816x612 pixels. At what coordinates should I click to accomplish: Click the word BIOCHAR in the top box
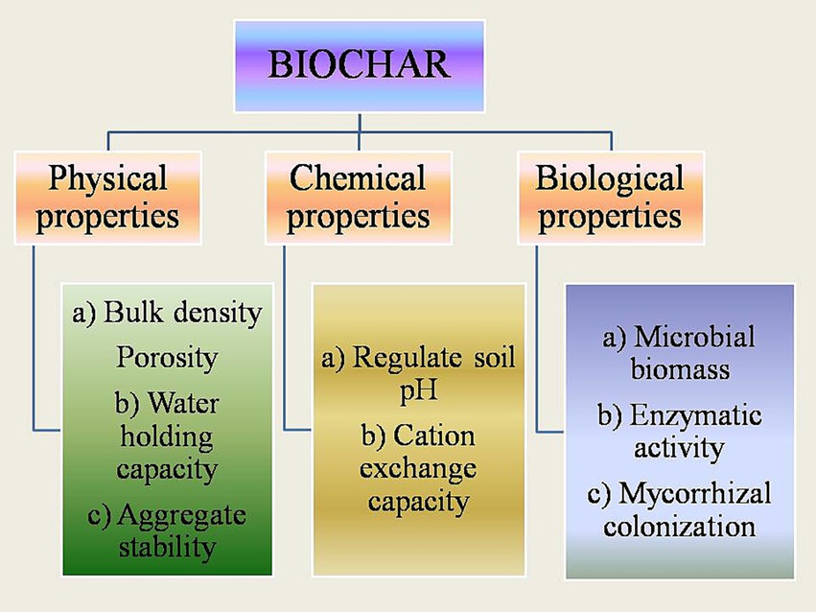pyautogui.click(x=359, y=64)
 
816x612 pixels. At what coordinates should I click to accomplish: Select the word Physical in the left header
pyautogui.click(x=107, y=178)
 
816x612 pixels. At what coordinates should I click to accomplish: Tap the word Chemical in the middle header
pyautogui.click(x=358, y=177)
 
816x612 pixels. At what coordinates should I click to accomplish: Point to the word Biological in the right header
pyautogui.click(x=610, y=178)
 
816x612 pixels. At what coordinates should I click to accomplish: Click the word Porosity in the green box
pyautogui.click(x=167, y=359)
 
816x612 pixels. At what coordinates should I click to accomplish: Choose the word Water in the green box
pyautogui.click(x=183, y=403)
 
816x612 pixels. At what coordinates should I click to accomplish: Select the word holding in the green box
pyautogui.click(x=167, y=437)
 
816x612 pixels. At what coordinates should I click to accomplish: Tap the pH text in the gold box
pyautogui.click(x=418, y=389)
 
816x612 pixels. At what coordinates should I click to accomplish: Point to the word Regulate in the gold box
pyautogui.click(x=408, y=359)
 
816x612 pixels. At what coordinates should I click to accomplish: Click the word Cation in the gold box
pyautogui.click(x=434, y=435)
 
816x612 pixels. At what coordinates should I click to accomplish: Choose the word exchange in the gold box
pyautogui.click(x=418, y=468)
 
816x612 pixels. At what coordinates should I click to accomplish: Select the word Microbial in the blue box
pyautogui.click(x=695, y=337)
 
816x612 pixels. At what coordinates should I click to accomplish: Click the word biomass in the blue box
pyautogui.click(x=680, y=369)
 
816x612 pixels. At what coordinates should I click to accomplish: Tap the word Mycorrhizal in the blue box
pyautogui.click(x=695, y=494)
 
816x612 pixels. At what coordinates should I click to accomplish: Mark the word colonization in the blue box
pyautogui.click(x=680, y=526)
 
